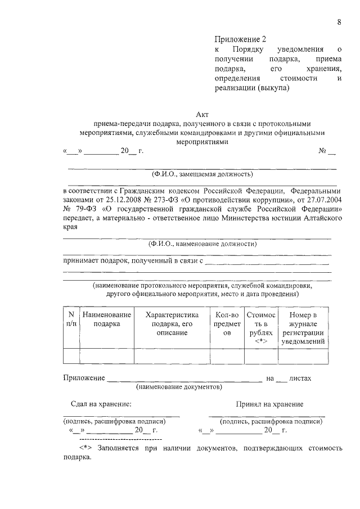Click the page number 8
[339, 22]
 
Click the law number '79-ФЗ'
[83, 209]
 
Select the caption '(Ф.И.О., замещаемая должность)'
[202, 174]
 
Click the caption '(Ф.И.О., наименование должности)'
[202, 244]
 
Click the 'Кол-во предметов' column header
[227, 324]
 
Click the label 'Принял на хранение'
[269, 404]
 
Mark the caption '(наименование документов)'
[179, 387]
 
